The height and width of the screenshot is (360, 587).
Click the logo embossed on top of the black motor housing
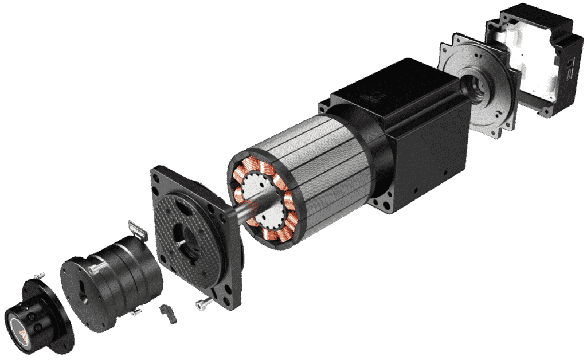tap(375, 98)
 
